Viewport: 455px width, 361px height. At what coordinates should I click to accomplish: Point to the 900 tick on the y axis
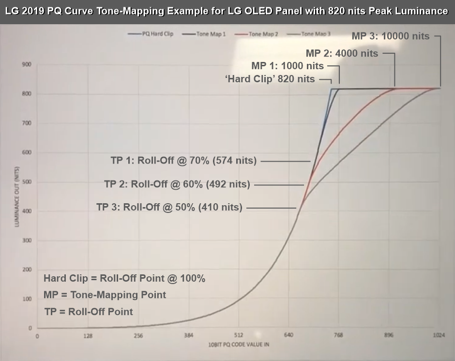27,64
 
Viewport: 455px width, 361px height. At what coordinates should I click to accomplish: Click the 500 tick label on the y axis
27,182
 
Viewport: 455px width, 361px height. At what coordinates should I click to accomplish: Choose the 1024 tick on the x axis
440,335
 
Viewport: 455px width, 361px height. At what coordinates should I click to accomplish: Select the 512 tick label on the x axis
238,335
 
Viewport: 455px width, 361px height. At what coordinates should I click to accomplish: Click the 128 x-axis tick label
88,335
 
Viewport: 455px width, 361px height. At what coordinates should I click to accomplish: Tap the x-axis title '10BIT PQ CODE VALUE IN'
238,344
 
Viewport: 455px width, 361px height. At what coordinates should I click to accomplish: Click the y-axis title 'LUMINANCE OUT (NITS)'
16,197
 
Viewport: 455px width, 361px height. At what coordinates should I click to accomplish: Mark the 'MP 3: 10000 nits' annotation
390,36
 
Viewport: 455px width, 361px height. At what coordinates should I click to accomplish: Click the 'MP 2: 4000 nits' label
342,53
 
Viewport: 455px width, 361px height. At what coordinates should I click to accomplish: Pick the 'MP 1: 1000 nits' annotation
288,66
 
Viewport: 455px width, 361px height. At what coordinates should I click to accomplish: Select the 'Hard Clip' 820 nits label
270,79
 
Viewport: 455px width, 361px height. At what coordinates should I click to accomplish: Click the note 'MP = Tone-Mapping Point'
105,295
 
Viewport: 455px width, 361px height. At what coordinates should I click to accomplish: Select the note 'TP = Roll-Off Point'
88,311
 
